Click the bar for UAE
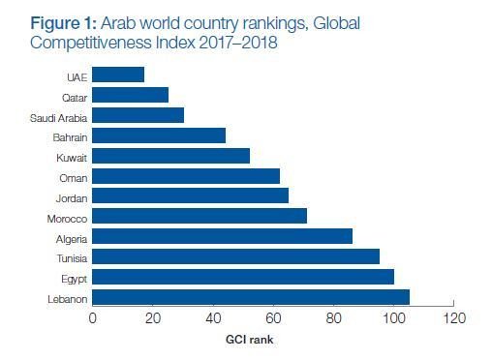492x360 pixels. pyautogui.click(x=118, y=75)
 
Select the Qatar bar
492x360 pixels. pyautogui.click(x=130, y=95)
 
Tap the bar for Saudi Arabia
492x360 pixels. pyautogui.click(x=138, y=115)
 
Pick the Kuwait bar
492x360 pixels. pyautogui.click(x=170, y=156)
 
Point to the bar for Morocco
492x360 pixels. pyautogui.click(x=200, y=216)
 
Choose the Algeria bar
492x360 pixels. pyautogui.click(x=222, y=236)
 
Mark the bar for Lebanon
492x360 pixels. pyautogui.click(x=251, y=296)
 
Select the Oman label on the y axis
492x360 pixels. pyautogui.click(x=73, y=177)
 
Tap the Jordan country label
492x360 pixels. pyautogui.click(x=70, y=197)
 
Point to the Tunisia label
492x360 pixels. pyautogui.click(x=70, y=257)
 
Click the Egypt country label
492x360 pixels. pyautogui.click(x=73, y=278)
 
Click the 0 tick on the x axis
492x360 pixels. pyautogui.click(x=92, y=318)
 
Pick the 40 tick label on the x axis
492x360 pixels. pyautogui.click(x=212, y=318)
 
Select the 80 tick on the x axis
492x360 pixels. pyautogui.click(x=333, y=318)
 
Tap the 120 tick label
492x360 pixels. pyautogui.click(x=453, y=318)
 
